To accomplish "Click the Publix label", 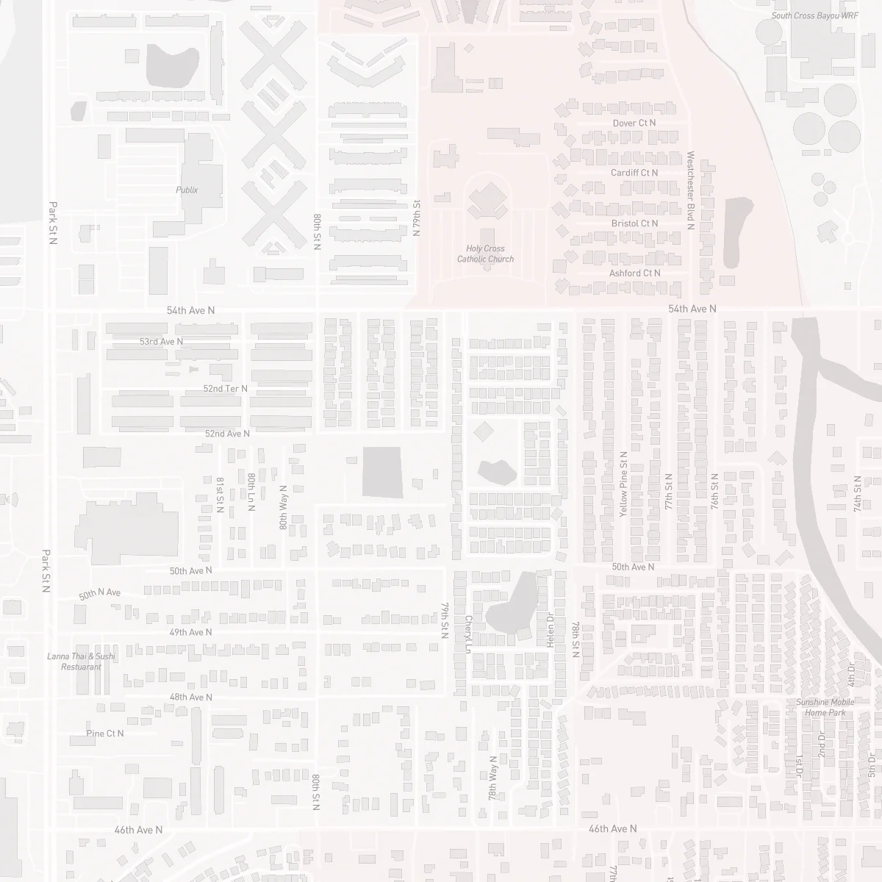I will coord(187,190).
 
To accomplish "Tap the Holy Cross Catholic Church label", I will coord(485,254).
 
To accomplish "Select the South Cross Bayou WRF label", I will coord(814,15).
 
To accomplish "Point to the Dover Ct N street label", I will coord(634,123).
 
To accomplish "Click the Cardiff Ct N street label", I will coord(634,173).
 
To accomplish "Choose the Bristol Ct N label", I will coord(634,223).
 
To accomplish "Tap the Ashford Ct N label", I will coord(634,273).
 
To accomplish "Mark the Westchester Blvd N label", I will coord(690,190).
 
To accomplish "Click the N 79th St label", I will coord(417,218).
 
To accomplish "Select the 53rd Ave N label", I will coord(161,342).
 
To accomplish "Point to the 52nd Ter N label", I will coord(226,388).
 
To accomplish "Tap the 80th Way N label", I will coord(283,507).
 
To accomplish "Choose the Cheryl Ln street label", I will coord(467,634).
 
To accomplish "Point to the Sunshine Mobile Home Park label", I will coord(825,707).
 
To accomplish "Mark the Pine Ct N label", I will coord(105,734).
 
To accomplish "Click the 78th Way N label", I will coord(492,778).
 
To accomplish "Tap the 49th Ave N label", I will coord(190,632).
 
